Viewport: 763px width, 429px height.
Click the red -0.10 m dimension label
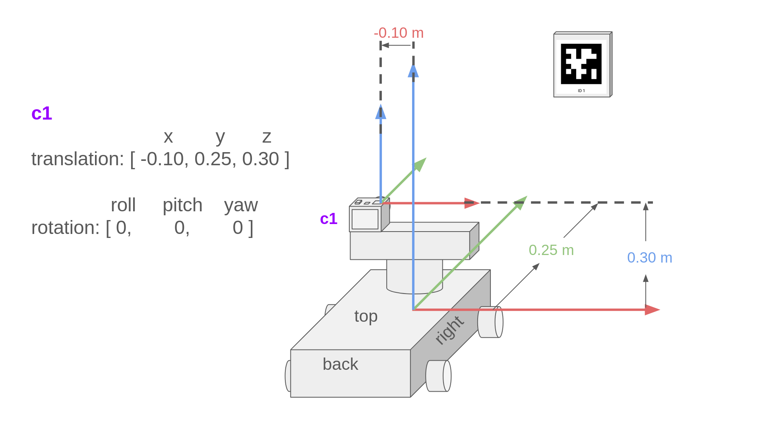tap(399, 33)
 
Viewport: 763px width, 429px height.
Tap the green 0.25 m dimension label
tap(551, 250)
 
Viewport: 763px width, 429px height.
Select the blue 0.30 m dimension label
tap(650, 258)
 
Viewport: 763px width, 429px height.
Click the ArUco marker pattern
tap(581, 64)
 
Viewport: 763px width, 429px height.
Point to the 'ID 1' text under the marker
tap(581, 91)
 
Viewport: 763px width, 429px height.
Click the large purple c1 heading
tap(42, 114)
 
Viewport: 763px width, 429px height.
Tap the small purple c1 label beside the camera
tap(329, 219)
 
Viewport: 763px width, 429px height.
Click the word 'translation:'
tap(78, 159)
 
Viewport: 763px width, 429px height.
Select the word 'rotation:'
tap(66, 228)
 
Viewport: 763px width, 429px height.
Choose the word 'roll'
tap(123, 205)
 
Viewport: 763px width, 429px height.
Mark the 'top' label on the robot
tap(366, 317)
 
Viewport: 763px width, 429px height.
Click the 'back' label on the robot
tap(341, 364)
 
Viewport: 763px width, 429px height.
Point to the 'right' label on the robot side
tap(449, 330)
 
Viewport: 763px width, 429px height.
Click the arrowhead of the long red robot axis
tap(652, 310)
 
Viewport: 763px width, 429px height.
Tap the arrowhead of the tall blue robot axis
tap(413, 71)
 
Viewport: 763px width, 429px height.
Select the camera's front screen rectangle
tap(365, 219)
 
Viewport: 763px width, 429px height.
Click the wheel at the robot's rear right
tap(439, 376)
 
